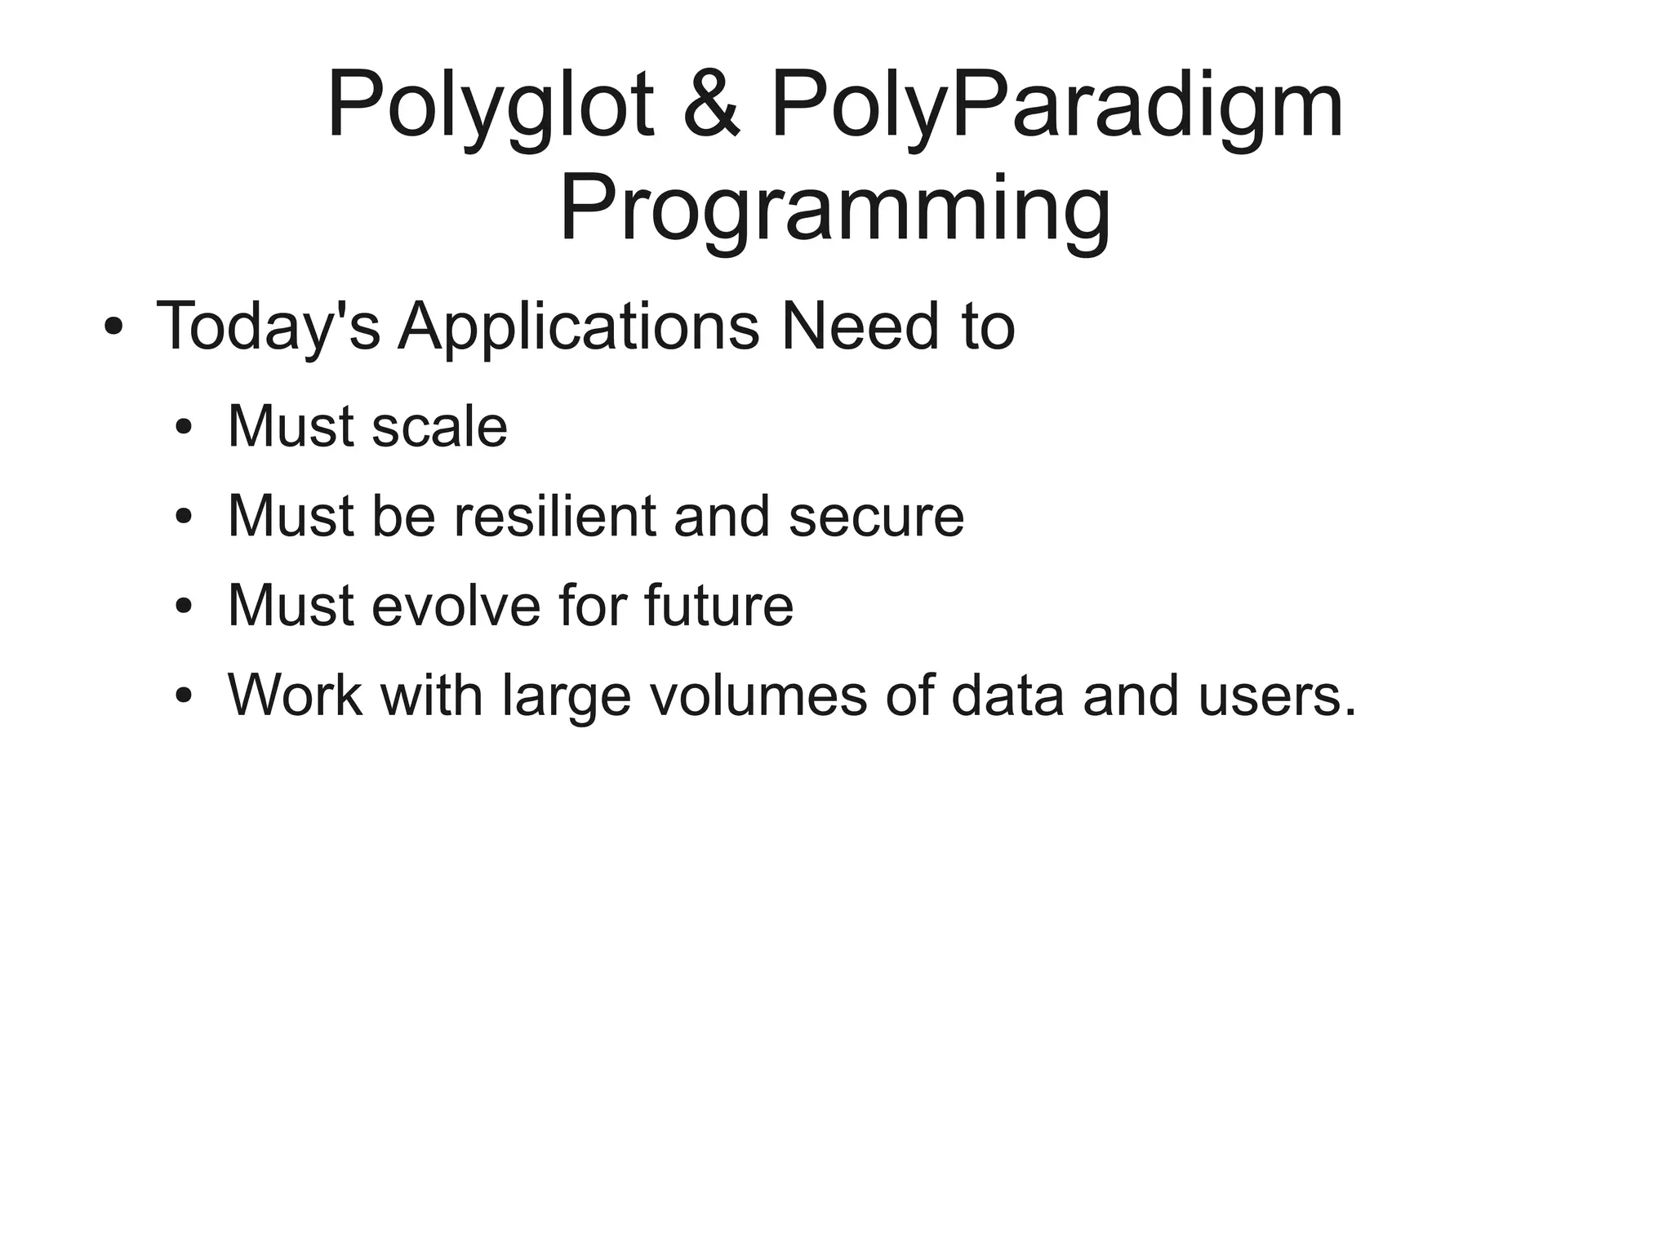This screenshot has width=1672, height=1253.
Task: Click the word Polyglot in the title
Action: click(x=490, y=106)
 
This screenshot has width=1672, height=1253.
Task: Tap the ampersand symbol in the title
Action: click(x=711, y=104)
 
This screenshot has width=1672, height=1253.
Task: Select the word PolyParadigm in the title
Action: click(x=1056, y=106)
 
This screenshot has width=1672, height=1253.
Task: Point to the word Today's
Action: click(x=268, y=327)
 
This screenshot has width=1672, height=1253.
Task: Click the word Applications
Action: click(x=578, y=327)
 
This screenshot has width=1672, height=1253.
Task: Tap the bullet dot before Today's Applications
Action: click(x=113, y=327)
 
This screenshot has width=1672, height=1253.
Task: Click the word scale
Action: click(x=438, y=427)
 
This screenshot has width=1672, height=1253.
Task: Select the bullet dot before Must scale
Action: click(x=184, y=428)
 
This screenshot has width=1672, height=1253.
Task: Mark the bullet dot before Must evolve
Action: click(x=184, y=606)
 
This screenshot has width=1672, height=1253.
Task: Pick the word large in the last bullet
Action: click(x=567, y=696)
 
